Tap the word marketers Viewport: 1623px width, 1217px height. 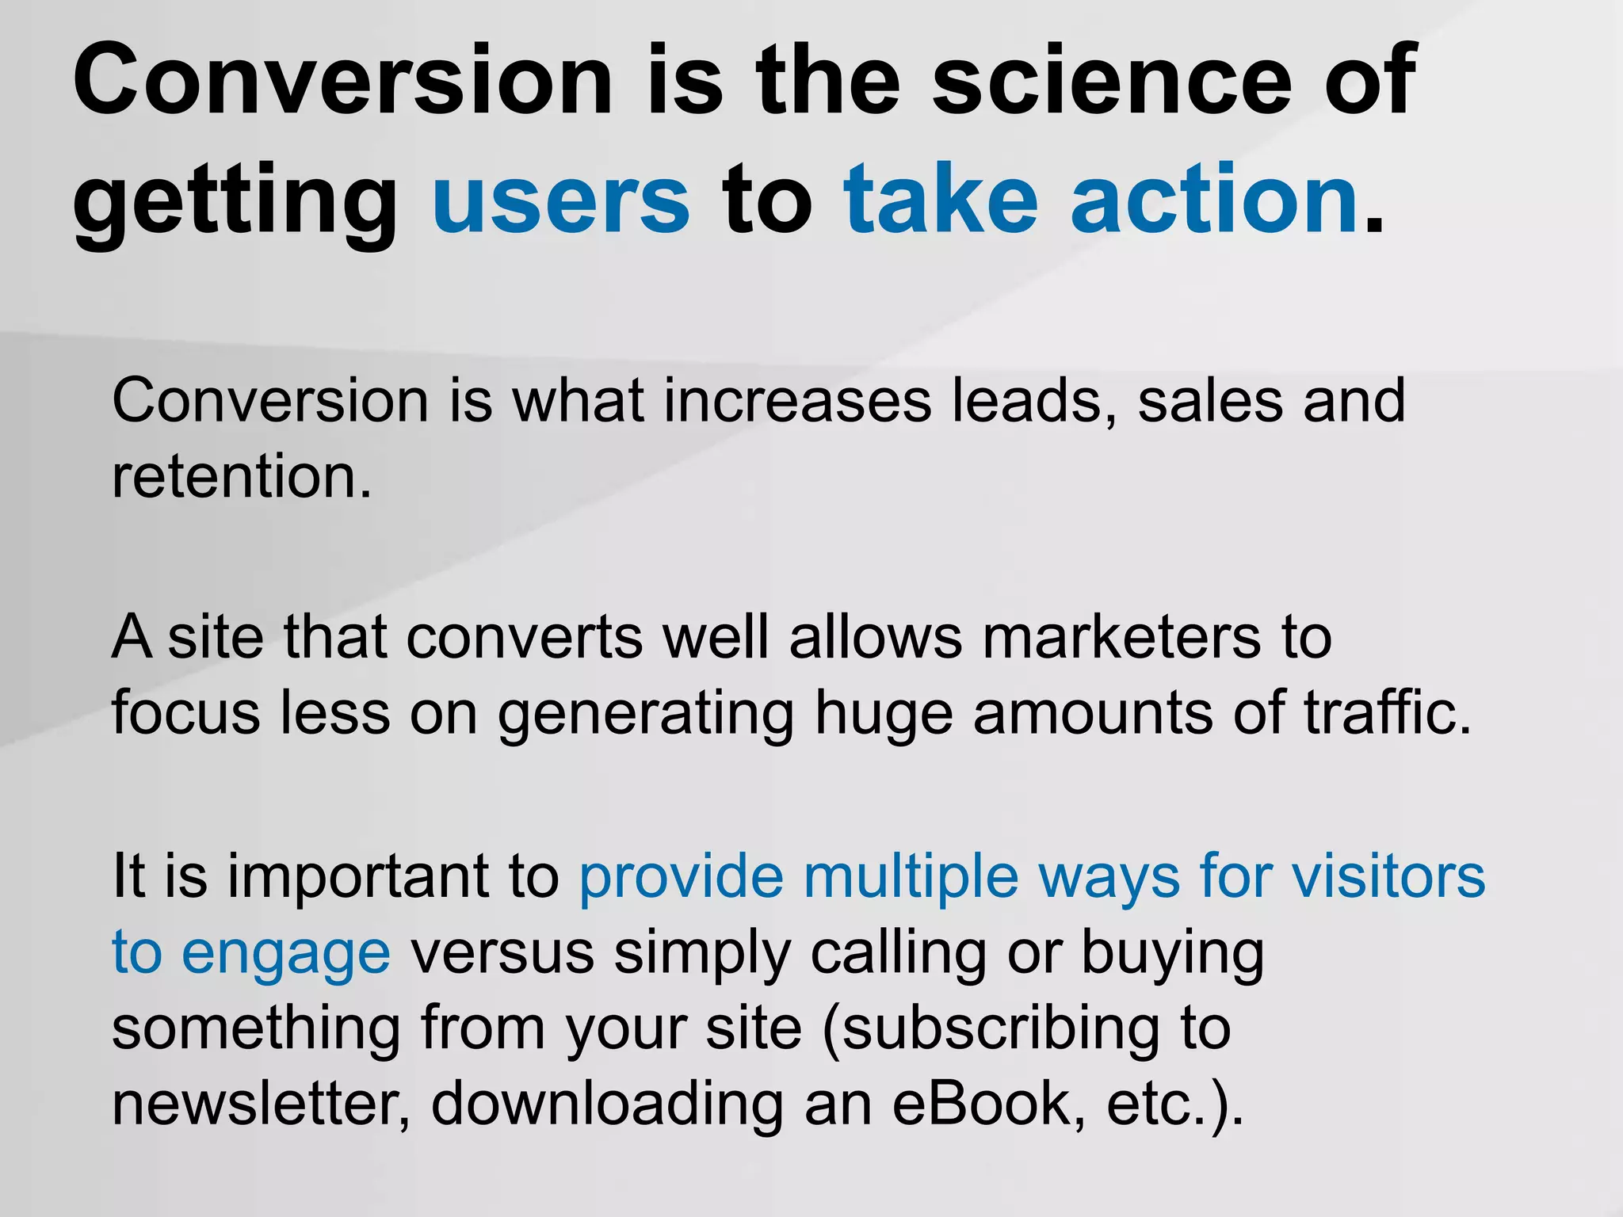click(1121, 637)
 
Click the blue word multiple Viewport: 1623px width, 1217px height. click(910, 878)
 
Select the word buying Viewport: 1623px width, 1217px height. click(1172, 954)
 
